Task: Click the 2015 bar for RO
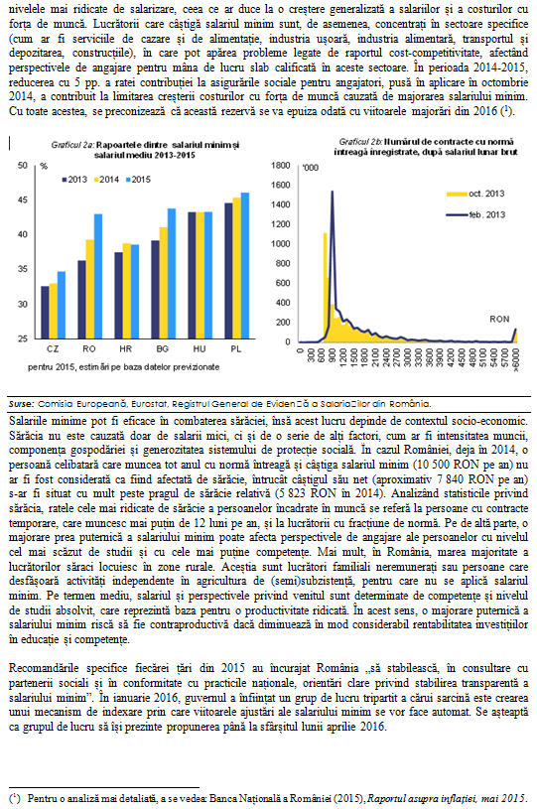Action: click(x=98, y=276)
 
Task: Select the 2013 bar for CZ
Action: click(x=45, y=312)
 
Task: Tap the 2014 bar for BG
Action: click(x=163, y=283)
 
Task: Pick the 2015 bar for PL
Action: click(x=244, y=266)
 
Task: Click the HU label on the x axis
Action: click(x=200, y=349)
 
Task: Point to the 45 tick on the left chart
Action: click(x=23, y=200)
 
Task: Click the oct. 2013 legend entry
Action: click(x=475, y=194)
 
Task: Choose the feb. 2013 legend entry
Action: click(x=475, y=214)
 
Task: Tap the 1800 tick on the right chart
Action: click(x=281, y=165)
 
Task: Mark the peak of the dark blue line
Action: click(x=332, y=192)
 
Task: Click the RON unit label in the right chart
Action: click(x=499, y=320)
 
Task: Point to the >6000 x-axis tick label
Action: click(x=515, y=359)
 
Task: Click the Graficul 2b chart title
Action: click(x=426, y=147)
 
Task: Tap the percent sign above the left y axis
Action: click(x=44, y=166)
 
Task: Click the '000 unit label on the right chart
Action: click(x=311, y=168)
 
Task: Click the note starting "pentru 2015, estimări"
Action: click(x=124, y=367)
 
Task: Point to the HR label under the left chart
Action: click(x=125, y=349)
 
